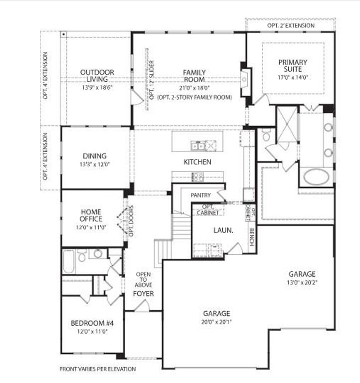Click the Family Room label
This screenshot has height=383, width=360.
[x=194, y=76]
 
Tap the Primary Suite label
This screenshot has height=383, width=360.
[x=293, y=65]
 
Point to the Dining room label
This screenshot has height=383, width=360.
[x=95, y=156]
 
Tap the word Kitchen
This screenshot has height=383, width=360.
[x=197, y=162]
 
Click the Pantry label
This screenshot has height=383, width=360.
[x=201, y=195]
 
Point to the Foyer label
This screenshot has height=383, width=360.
[x=143, y=294]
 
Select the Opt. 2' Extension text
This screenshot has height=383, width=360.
[x=291, y=25]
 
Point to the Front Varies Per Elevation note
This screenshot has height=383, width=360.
[x=97, y=369]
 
